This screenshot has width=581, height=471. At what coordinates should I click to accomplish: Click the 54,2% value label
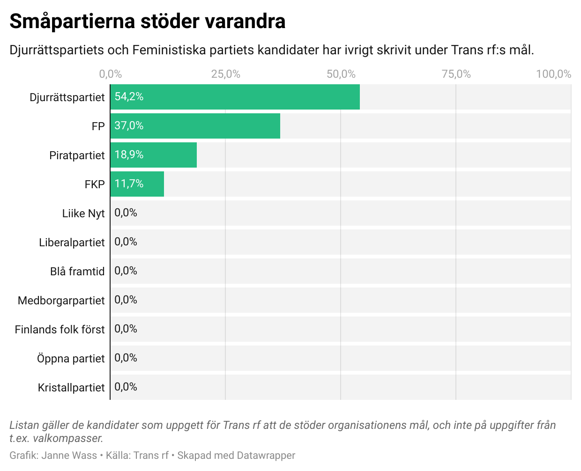(129, 97)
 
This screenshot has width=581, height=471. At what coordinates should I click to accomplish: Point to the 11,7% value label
(129, 184)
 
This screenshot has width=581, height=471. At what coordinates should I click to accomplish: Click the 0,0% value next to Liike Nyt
(126, 213)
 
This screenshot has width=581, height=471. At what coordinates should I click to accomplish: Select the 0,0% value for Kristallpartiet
(126, 387)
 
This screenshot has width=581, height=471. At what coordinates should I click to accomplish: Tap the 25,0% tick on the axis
(225, 74)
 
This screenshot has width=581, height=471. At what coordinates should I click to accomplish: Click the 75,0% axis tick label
(456, 74)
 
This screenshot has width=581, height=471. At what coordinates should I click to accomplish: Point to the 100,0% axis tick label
(553, 74)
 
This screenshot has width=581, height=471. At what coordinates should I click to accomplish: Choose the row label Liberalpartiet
(72, 243)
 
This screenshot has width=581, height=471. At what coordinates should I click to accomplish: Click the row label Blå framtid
(77, 272)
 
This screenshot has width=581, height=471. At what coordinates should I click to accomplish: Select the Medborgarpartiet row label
(61, 301)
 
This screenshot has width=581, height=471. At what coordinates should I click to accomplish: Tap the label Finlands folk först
(60, 330)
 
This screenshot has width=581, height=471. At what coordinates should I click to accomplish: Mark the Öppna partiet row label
(71, 359)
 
